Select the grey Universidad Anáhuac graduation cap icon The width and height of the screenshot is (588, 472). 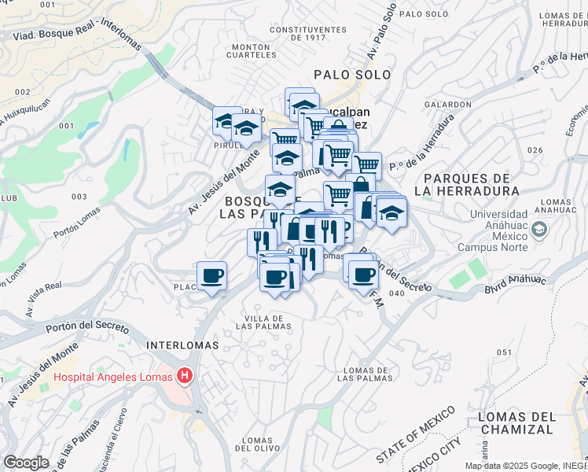(x=539, y=229)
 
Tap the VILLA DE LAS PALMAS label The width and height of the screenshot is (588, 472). (x=263, y=321)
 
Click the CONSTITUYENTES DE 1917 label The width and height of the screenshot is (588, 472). (x=307, y=33)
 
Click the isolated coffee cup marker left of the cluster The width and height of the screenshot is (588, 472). (x=212, y=276)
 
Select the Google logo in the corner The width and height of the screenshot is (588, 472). (x=27, y=463)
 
